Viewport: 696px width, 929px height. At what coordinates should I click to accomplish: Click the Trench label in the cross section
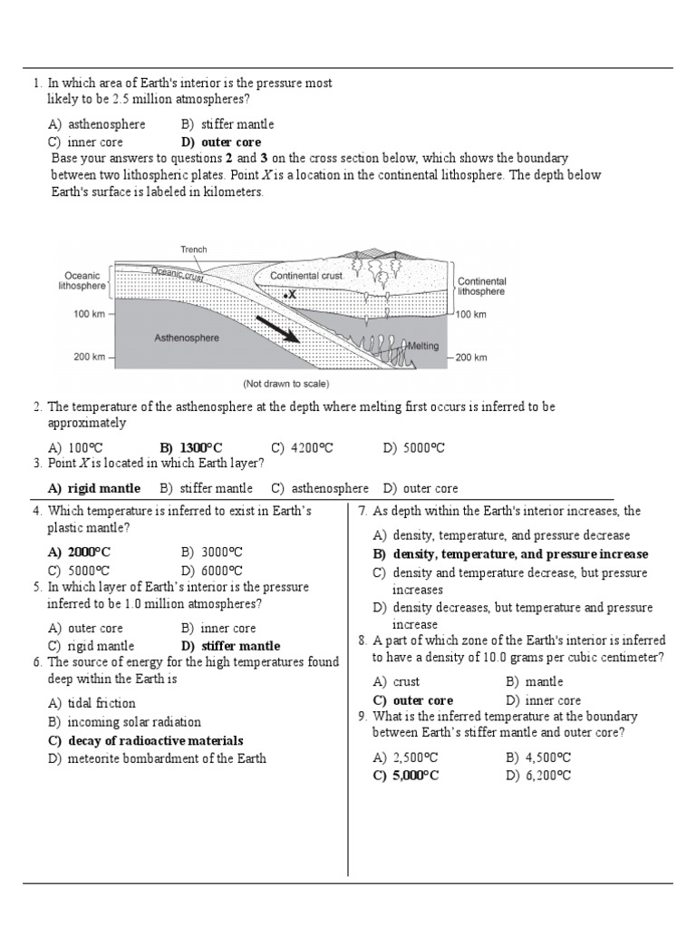click(193, 249)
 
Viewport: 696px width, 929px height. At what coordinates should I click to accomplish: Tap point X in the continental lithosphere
click(290, 295)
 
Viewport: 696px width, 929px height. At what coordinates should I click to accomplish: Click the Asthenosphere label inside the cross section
click(186, 337)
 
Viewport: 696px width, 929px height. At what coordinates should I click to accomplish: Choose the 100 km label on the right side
click(470, 314)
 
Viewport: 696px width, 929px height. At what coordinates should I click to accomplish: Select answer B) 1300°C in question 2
click(190, 447)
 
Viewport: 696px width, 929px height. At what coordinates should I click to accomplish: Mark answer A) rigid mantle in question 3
click(94, 488)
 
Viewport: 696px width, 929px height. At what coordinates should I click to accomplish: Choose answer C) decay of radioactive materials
click(145, 740)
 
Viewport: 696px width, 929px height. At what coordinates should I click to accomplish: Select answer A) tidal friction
click(92, 702)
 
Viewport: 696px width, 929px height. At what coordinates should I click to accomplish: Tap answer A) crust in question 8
click(396, 681)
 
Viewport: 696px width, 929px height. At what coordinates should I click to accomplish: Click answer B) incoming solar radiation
click(124, 722)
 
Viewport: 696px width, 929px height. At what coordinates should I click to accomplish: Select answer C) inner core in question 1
click(86, 142)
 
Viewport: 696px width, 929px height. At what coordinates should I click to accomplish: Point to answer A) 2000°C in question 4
click(81, 552)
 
